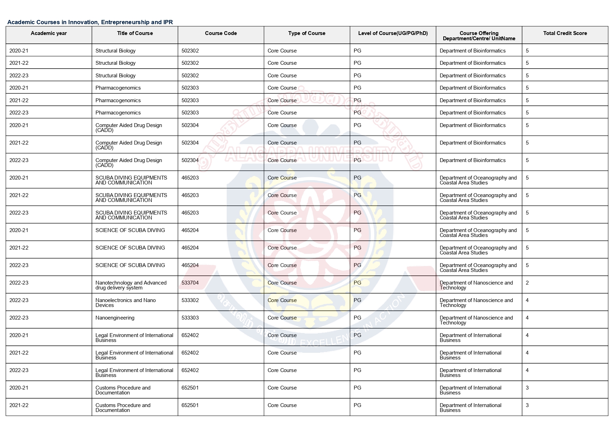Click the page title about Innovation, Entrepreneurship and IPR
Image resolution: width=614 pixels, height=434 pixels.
(x=90, y=22)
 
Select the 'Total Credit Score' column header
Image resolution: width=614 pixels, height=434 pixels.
(x=565, y=33)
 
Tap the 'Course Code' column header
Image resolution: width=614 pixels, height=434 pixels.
(x=221, y=33)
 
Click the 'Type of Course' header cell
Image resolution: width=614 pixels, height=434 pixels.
(x=306, y=33)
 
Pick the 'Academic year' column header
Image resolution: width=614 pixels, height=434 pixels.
(x=49, y=33)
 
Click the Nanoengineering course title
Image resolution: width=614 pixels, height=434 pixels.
(x=115, y=318)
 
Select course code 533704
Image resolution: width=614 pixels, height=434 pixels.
(x=190, y=283)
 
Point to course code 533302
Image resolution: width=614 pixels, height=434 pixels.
(x=190, y=300)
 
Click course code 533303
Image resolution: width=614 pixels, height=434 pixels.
(x=190, y=318)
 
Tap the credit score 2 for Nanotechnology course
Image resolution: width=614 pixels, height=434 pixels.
(x=527, y=283)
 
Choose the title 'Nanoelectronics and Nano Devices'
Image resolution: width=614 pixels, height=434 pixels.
(x=125, y=303)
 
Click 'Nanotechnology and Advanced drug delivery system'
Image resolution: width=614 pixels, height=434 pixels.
(x=130, y=285)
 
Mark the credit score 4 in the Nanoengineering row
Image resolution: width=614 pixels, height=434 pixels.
(x=527, y=318)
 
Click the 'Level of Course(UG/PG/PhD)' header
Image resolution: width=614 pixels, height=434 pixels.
(x=393, y=33)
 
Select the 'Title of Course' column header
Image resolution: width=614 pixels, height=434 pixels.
(x=135, y=33)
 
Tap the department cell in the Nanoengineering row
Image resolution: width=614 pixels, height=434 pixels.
(x=476, y=320)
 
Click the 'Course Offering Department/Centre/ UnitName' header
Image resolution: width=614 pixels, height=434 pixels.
(x=479, y=36)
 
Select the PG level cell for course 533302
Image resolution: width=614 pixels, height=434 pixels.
(x=357, y=300)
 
